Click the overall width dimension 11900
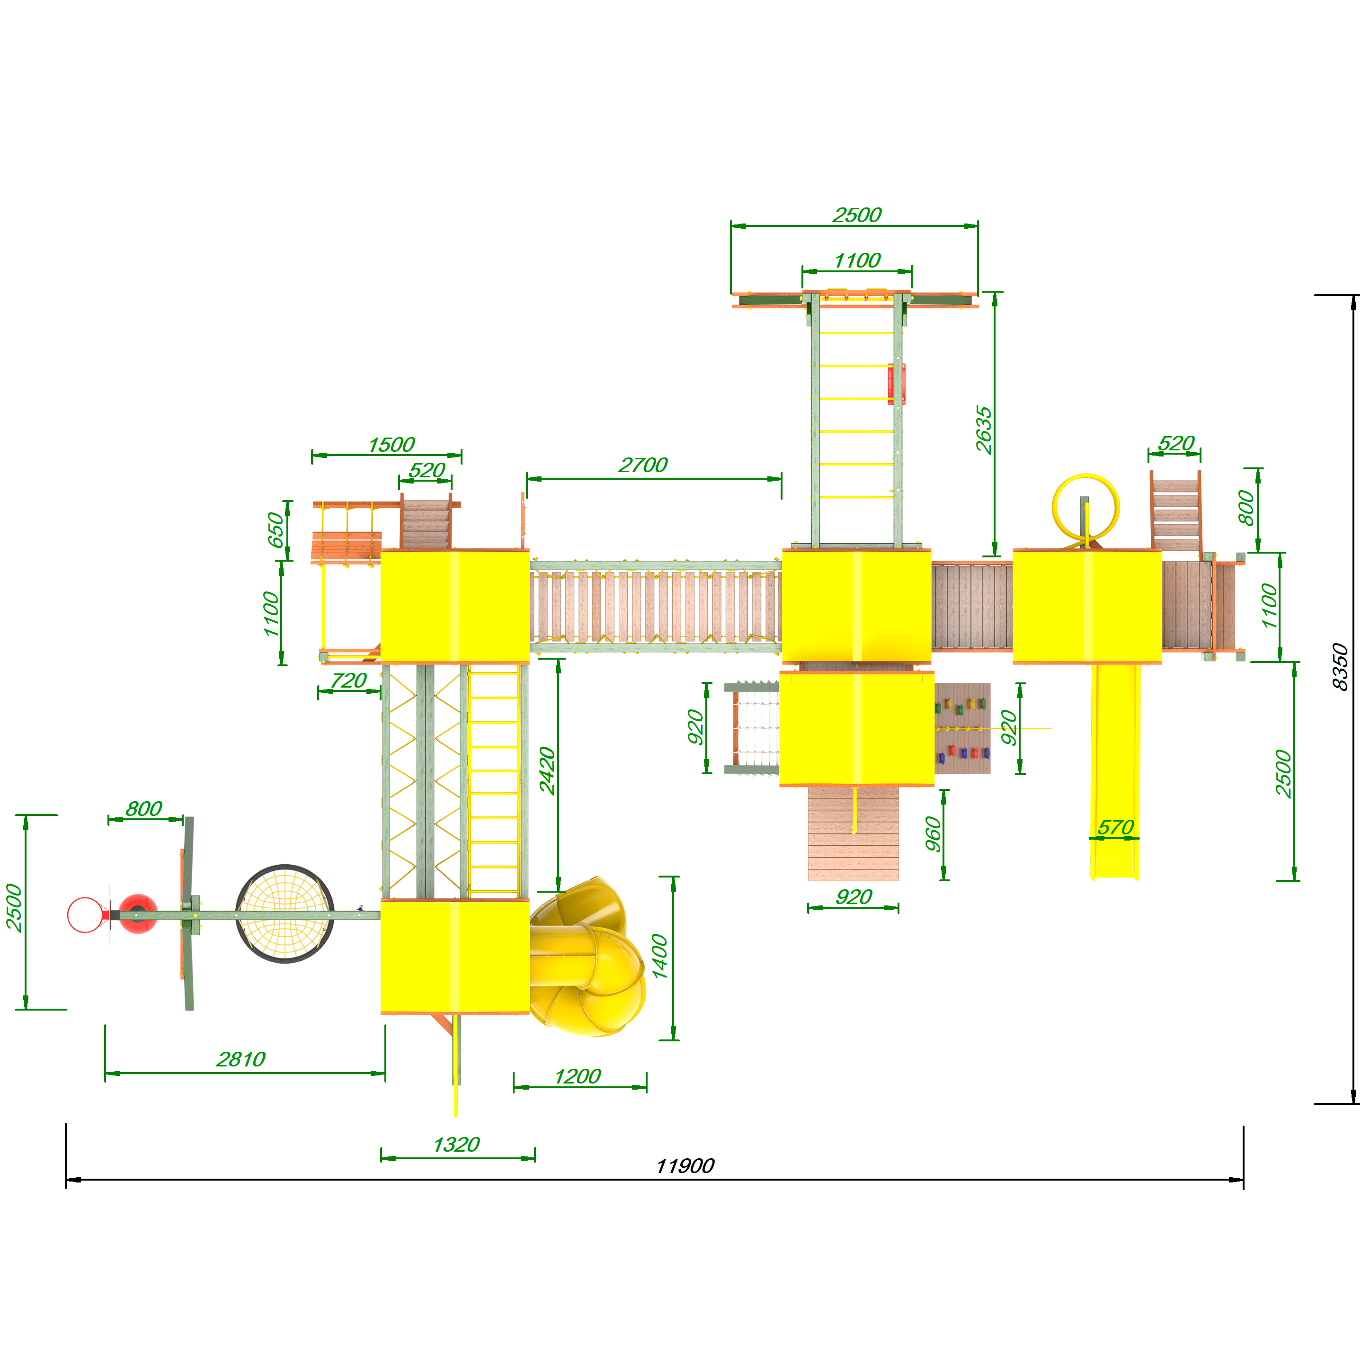coord(685,1166)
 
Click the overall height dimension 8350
coord(1339,667)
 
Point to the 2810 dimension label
coord(241,1059)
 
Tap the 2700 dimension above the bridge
coord(643,465)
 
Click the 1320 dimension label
coord(456,1145)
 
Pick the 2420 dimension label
coord(547,771)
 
